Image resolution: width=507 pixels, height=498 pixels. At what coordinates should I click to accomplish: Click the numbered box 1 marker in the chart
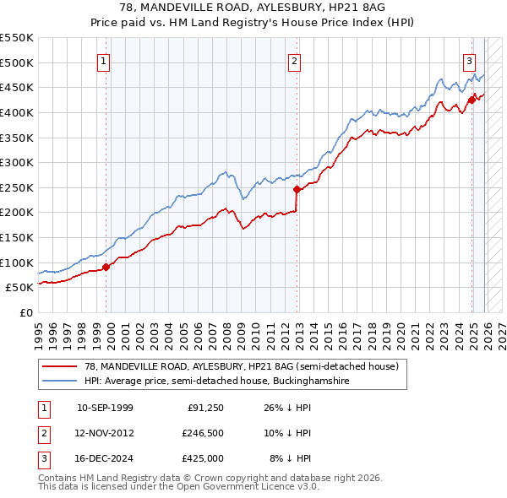(x=103, y=60)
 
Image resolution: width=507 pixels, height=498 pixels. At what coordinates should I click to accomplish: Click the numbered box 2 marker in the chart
(x=294, y=60)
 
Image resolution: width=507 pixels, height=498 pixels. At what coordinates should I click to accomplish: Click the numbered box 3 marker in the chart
(x=469, y=60)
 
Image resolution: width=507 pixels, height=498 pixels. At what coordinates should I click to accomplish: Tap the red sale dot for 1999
(x=106, y=267)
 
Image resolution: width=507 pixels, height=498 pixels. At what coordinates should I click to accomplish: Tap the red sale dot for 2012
(x=297, y=189)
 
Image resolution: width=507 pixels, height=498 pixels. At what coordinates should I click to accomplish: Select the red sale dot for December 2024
(x=472, y=100)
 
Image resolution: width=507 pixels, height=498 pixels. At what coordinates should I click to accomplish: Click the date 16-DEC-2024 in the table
(x=105, y=458)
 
